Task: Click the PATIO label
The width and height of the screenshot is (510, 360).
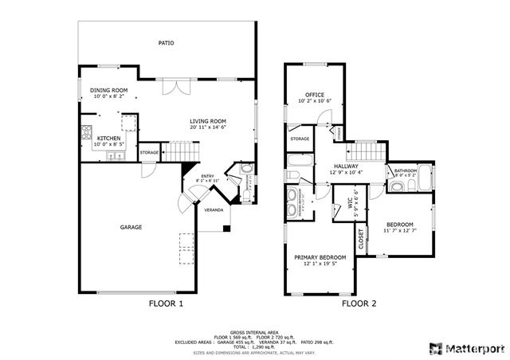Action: (x=166, y=43)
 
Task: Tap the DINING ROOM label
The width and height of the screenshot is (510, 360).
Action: (x=108, y=90)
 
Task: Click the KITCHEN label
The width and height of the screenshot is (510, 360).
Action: (x=108, y=138)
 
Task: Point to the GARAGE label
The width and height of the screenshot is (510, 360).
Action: (x=131, y=227)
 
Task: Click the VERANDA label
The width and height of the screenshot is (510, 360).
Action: (x=214, y=209)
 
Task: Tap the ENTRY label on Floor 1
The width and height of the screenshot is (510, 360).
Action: (x=207, y=176)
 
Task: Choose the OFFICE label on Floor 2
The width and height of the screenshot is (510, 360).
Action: (x=314, y=95)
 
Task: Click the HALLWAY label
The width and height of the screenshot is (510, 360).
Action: (x=346, y=166)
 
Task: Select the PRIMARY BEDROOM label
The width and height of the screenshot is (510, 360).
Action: (x=320, y=257)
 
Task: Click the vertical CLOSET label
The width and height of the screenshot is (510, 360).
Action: (x=361, y=239)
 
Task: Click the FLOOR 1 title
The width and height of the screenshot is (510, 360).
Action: (x=167, y=303)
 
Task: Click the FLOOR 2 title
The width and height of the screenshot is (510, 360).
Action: (x=359, y=303)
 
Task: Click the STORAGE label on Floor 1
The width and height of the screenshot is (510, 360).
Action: (x=149, y=152)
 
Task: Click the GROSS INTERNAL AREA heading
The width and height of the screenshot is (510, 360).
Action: (x=254, y=331)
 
